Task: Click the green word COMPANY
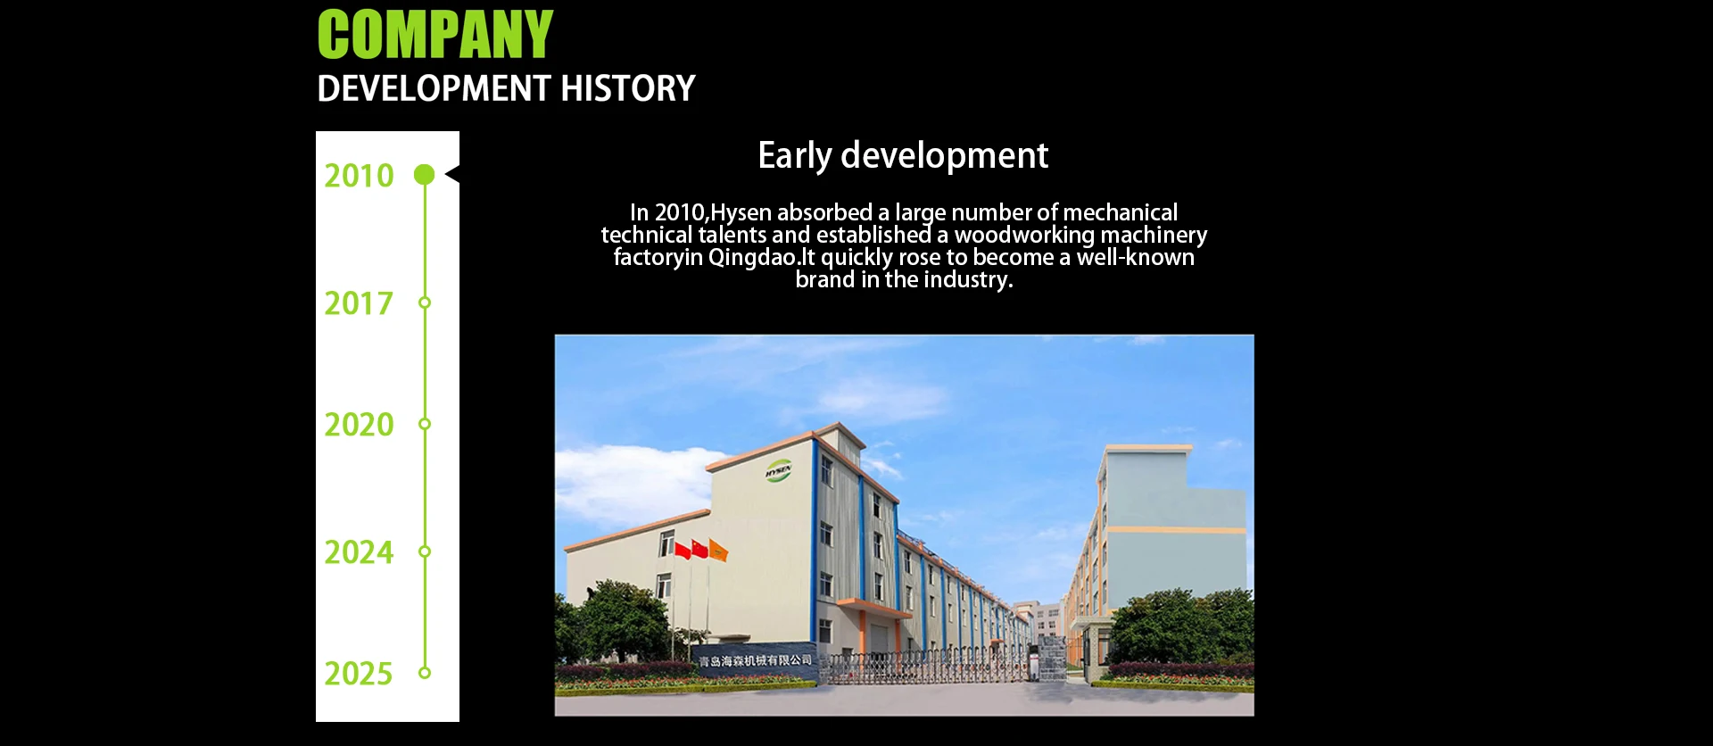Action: click(435, 35)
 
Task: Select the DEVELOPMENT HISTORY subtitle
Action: click(506, 88)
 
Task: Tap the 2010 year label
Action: click(359, 176)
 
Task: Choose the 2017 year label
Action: click(359, 303)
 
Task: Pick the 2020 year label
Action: click(359, 425)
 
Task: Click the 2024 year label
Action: click(359, 552)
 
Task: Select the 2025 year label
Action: click(359, 674)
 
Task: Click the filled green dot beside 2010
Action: click(425, 175)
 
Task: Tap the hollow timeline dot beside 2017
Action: click(425, 303)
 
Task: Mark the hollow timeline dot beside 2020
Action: click(425, 424)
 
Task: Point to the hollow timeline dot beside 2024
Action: click(425, 551)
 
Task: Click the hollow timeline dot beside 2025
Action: click(425, 673)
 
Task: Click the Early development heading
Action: click(903, 156)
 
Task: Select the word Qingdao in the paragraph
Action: click(752, 258)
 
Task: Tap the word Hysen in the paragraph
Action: click(741, 213)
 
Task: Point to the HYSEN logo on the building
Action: click(779, 470)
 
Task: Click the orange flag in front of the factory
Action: click(718, 551)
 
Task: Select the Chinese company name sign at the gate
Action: click(756, 661)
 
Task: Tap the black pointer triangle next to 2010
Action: click(452, 174)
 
